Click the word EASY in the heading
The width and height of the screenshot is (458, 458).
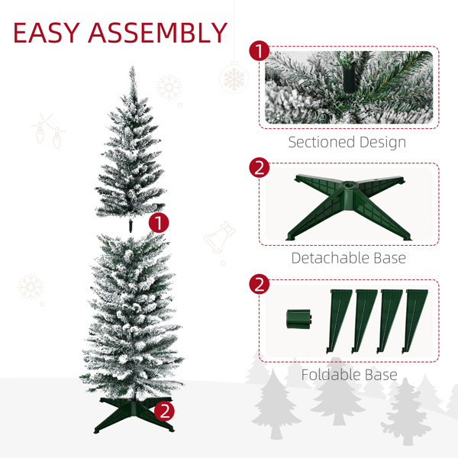pyautogui.click(x=47, y=32)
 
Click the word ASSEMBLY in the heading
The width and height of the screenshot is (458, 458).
pyautogui.click(x=158, y=32)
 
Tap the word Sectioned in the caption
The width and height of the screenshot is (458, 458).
pyautogui.click(x=321, y=142)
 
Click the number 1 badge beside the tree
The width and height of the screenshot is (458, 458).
pyautogui.click(x=159, y=223)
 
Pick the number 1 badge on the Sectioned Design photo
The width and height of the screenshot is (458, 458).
pyautogui.click(x=259, y=50)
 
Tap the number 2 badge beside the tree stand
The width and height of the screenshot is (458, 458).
pyautogui.click(x=164, y=411)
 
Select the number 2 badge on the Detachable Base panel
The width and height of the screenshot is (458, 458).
pyautogui.click(x=259, y=168)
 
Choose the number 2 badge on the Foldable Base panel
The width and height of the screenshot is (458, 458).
pyautogui.click(x=259, y=284)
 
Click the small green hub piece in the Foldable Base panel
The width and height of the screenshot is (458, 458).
pyautogui.click(x=298, y=318)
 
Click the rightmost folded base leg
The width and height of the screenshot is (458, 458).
pyautogui.click(x=414, y=321)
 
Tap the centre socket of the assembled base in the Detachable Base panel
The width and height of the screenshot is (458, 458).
pyautogui.click(x=349, y=185)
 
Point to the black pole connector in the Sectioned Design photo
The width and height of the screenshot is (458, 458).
pyautogui.click(x=349, y=80)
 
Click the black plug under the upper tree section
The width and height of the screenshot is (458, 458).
pyautogui.click(x=131, y=226)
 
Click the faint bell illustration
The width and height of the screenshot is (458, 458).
pyautogui.click(x=220, y=237)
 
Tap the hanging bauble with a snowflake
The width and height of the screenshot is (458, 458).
pyautogui.click(x=234, y=78)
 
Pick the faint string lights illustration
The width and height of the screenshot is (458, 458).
pyautogui.click(x=48, y=131)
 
